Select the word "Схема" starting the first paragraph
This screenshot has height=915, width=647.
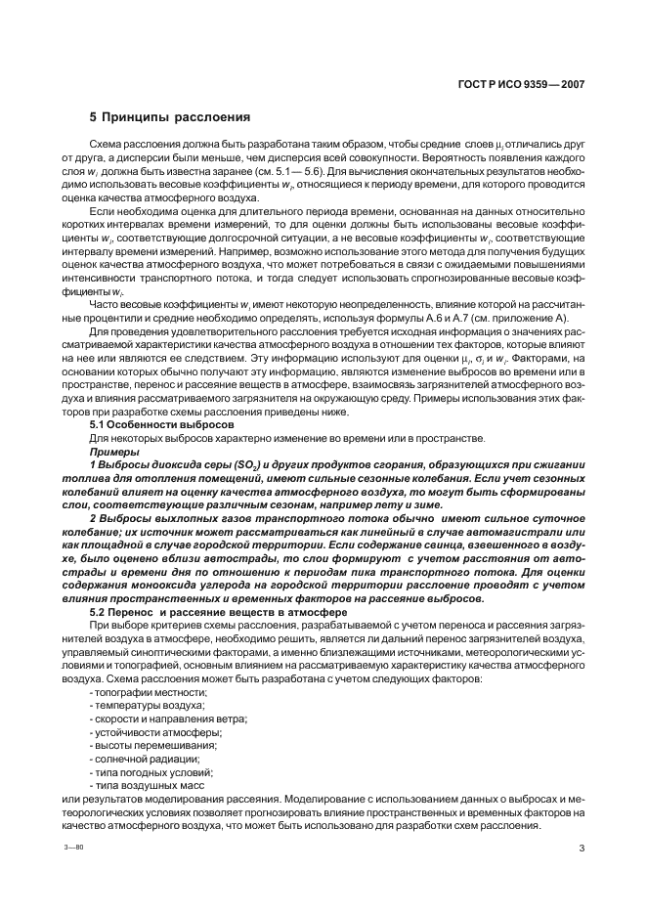[107, 143]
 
